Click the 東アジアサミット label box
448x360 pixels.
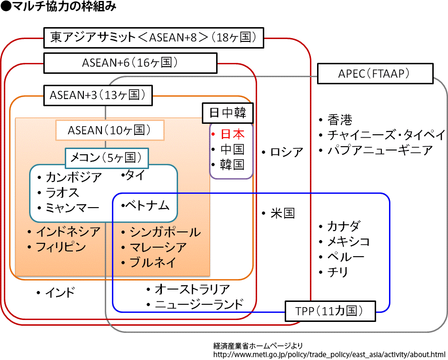(153, 38)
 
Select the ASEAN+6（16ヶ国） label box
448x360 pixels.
(130, 63)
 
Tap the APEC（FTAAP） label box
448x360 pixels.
(375, 74)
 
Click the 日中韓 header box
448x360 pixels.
(228, 113)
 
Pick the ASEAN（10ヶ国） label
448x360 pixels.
(110, 130)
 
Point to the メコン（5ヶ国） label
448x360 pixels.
(107, 157)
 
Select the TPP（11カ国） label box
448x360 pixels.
(329, 311)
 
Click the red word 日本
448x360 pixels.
(232, 134)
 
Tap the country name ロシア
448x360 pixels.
(287, 152)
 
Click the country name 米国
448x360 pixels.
(283, 213)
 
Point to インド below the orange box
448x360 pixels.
(60, 292)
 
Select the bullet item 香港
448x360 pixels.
(340, 120)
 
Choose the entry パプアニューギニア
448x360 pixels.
(380, 150)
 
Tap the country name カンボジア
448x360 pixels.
(74, 178)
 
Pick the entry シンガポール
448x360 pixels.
(165, 232)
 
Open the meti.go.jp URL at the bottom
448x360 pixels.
(329, 354)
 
